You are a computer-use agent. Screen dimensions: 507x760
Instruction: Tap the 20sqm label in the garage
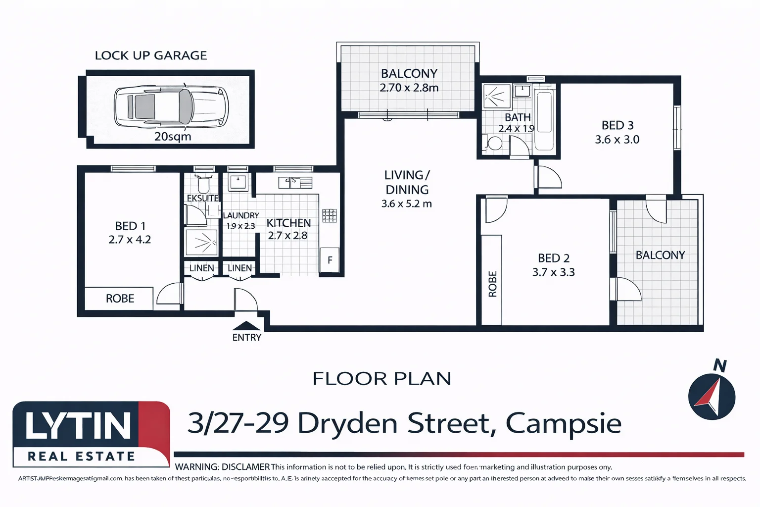(x=173, y=137)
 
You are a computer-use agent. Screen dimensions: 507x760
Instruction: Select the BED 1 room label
(x=130, y=226)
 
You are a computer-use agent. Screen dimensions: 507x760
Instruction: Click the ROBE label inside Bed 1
(x=120, y=299)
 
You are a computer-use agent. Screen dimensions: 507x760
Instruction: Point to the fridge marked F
(x=330, y=260)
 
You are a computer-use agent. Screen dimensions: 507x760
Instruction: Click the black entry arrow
(x=246, y=326)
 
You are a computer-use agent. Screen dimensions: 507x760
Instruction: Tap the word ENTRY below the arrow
(x=246, y=338)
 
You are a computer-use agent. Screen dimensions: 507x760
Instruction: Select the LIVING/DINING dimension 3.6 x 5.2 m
(x=406, y=204)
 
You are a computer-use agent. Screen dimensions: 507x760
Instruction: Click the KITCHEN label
(x=288, y=223)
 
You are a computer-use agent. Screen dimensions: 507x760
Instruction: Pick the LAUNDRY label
(x=241, y=215)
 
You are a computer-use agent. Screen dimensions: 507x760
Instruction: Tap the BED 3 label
(x=617, y=125)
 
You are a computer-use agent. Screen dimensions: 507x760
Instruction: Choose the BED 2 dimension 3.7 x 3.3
(x=553, y=272)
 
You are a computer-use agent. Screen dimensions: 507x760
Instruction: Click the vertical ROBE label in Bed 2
(x=492, y=284)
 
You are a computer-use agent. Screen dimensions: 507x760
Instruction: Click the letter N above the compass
(x=719, y=366)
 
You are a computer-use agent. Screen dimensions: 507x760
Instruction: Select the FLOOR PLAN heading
(x=381, y=379)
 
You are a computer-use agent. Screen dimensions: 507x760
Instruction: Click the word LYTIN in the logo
(x=78, y=426)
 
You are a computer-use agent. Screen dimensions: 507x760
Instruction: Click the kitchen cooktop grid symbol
(x=329, y=215)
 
